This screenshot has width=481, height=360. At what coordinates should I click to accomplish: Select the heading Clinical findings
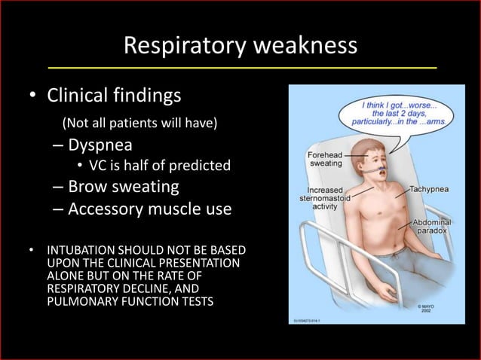(x=115, y=96)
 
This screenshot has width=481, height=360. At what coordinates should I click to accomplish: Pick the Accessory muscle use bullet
(x=149, y=208)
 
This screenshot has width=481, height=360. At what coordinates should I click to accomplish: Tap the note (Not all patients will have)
(x=139, y=121)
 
